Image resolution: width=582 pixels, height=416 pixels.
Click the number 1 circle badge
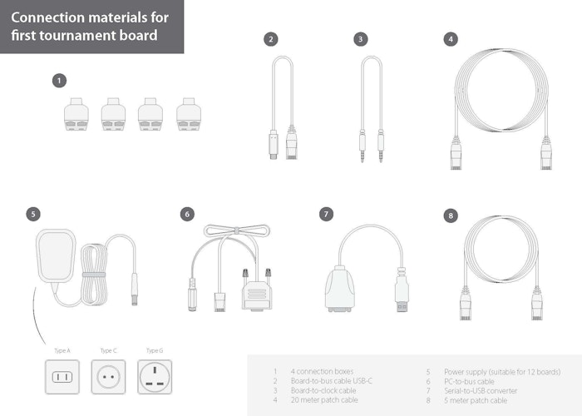pos(59,81)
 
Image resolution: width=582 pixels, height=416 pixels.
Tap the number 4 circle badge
pos(450,39)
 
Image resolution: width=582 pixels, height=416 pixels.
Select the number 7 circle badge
pos(327,214)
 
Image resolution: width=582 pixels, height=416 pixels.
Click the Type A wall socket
pos(62,377)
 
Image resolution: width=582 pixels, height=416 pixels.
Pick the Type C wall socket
pos(108,377)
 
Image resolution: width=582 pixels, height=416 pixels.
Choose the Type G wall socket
pos(155,377)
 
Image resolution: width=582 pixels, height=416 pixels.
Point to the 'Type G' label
pos(155,350)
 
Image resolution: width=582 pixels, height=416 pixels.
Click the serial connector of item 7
pos(340,289)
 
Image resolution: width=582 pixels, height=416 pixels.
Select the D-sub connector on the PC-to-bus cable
pos(258,293)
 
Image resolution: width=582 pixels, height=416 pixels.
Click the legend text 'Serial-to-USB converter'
pos(481,390)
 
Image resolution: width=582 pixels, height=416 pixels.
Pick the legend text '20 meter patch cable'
pos(324,400)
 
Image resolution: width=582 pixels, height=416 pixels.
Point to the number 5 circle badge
pos(32,214)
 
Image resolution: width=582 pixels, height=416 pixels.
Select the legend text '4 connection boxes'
pos(323,371)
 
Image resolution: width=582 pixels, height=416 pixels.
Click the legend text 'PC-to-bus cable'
pos(469,381)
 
